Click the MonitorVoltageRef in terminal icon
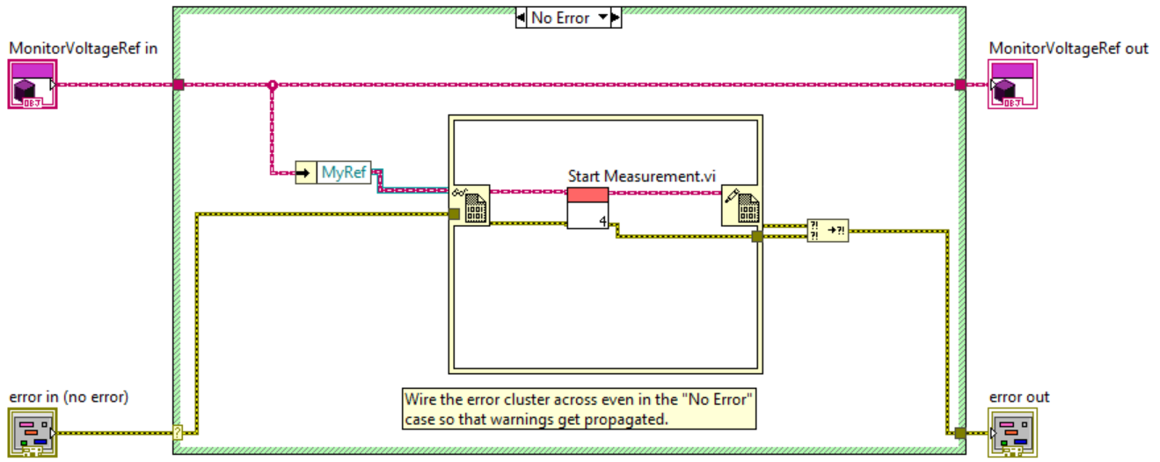[x=33, y=84]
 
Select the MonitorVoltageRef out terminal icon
[x=1012, y=84]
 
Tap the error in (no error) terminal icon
[x=33, y=433]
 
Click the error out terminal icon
[x=1012, y=433]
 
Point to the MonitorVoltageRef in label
[x=84, y=48]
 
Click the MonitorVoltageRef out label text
[x=1069, y=48]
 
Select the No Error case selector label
[x=560, y=18]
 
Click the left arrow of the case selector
[x=521, y=18]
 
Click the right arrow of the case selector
[x=616, y=18]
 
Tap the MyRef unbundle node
[x=333, y=172]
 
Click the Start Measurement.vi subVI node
[x=587, y=208]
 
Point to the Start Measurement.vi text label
[x=642, y=176]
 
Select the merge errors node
[x=828, y=231]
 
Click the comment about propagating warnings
[x=579, y=408]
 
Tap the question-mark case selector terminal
[x=179, y=433]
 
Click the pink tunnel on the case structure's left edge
[x=179, y=84]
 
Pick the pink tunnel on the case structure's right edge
[x=960, y=84]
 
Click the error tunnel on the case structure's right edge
[x=960, y=433]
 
